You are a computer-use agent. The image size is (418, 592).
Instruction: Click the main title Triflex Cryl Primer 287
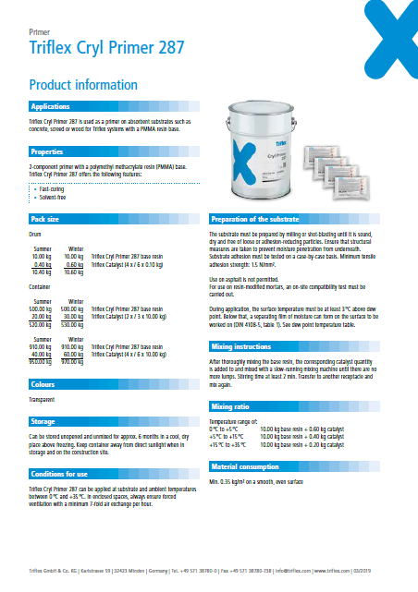click(x=106, y=47)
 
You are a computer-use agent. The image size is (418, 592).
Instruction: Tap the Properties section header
click(x=47, y=151)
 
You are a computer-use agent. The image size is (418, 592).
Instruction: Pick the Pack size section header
click(x=45, y=220)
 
